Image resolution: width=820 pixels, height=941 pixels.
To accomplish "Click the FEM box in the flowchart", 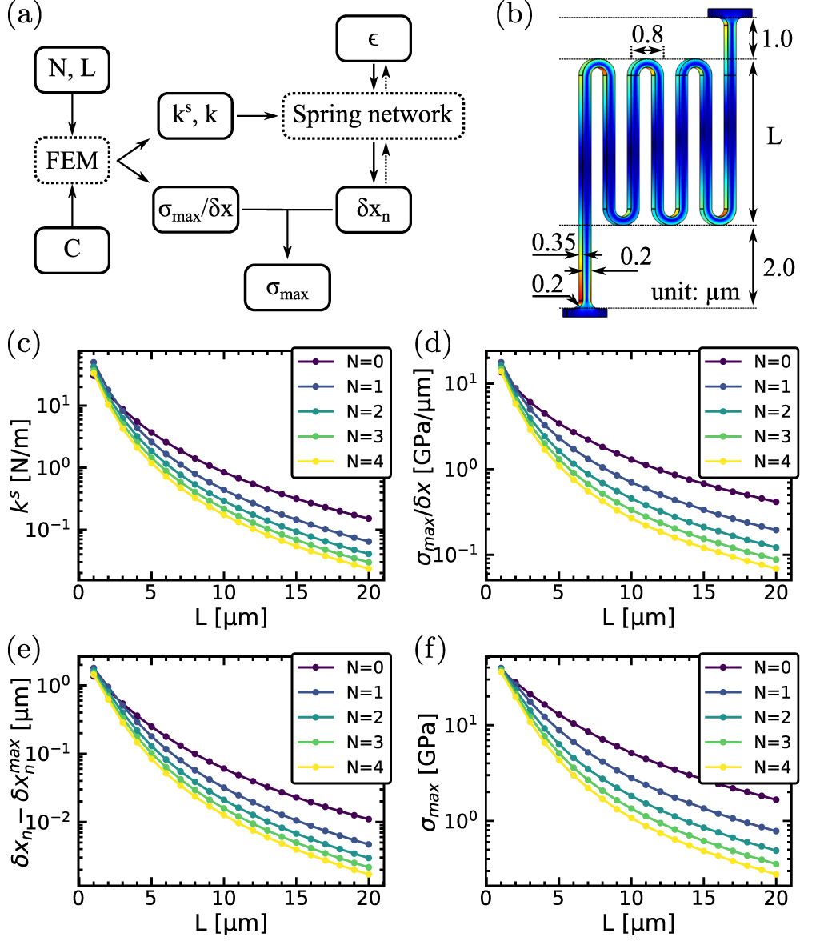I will (73, 162).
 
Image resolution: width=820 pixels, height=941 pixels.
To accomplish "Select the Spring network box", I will (372, 114).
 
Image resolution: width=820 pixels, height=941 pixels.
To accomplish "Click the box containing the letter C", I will (73, 247).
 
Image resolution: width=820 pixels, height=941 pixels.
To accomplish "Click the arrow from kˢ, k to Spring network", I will (257, 116).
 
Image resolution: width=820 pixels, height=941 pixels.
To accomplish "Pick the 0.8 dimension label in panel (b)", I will (646, 34).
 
